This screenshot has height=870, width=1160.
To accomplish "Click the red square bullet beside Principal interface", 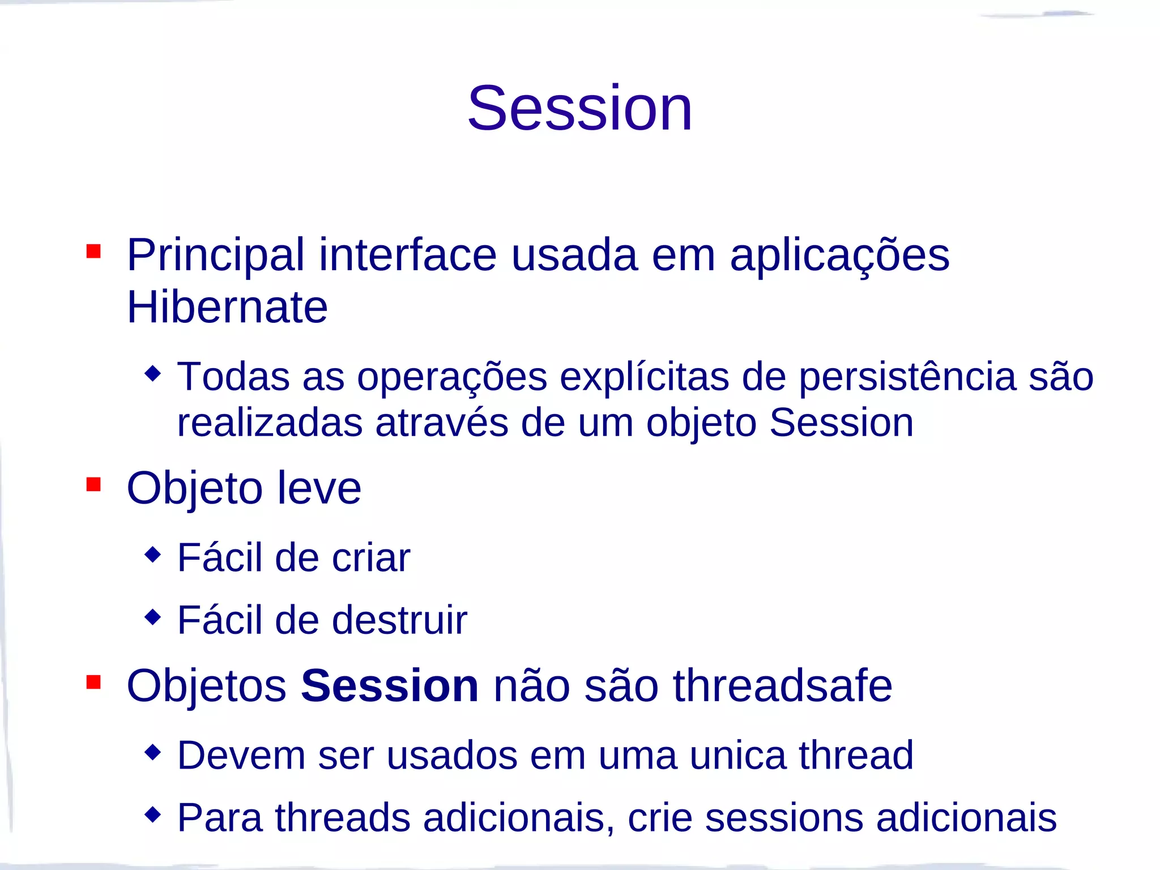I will [93, 251].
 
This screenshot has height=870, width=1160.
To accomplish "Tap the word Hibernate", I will [227, 308].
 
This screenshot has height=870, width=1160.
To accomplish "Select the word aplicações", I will [839, 256].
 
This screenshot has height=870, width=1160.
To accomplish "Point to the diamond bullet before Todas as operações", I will [153, 373].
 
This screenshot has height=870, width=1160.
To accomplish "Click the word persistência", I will [907, 377].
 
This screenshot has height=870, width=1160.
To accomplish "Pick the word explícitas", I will [644, 377].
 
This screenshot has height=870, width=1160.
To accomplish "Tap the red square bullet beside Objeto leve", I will [93, 484].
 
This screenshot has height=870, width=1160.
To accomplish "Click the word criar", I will [370, 558].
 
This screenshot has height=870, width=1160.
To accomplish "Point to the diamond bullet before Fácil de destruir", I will [153, 616].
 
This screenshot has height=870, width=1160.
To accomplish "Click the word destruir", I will [399, 620].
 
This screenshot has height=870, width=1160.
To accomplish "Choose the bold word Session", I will [390, 686].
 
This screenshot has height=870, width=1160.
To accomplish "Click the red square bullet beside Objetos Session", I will [93, 682].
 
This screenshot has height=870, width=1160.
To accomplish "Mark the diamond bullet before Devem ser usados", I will [153, 752].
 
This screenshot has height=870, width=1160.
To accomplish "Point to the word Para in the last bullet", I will [220, 818].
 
